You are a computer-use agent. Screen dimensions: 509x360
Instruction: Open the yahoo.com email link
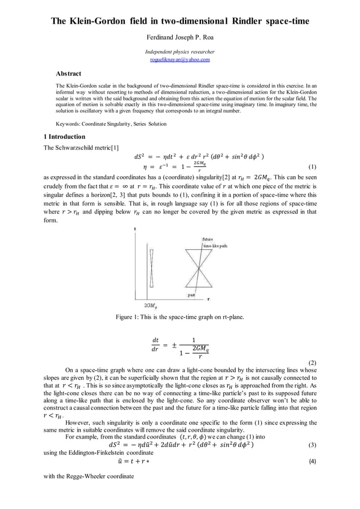click(180, 59)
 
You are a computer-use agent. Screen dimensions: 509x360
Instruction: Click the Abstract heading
click(68, 73)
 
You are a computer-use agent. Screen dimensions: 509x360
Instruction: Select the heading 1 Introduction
click(64, 137)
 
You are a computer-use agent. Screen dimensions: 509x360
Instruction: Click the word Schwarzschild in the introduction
click(74, 148)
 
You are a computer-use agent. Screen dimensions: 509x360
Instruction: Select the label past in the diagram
click(191, 295)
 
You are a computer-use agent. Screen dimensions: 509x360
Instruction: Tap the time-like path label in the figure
click(214, 246)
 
